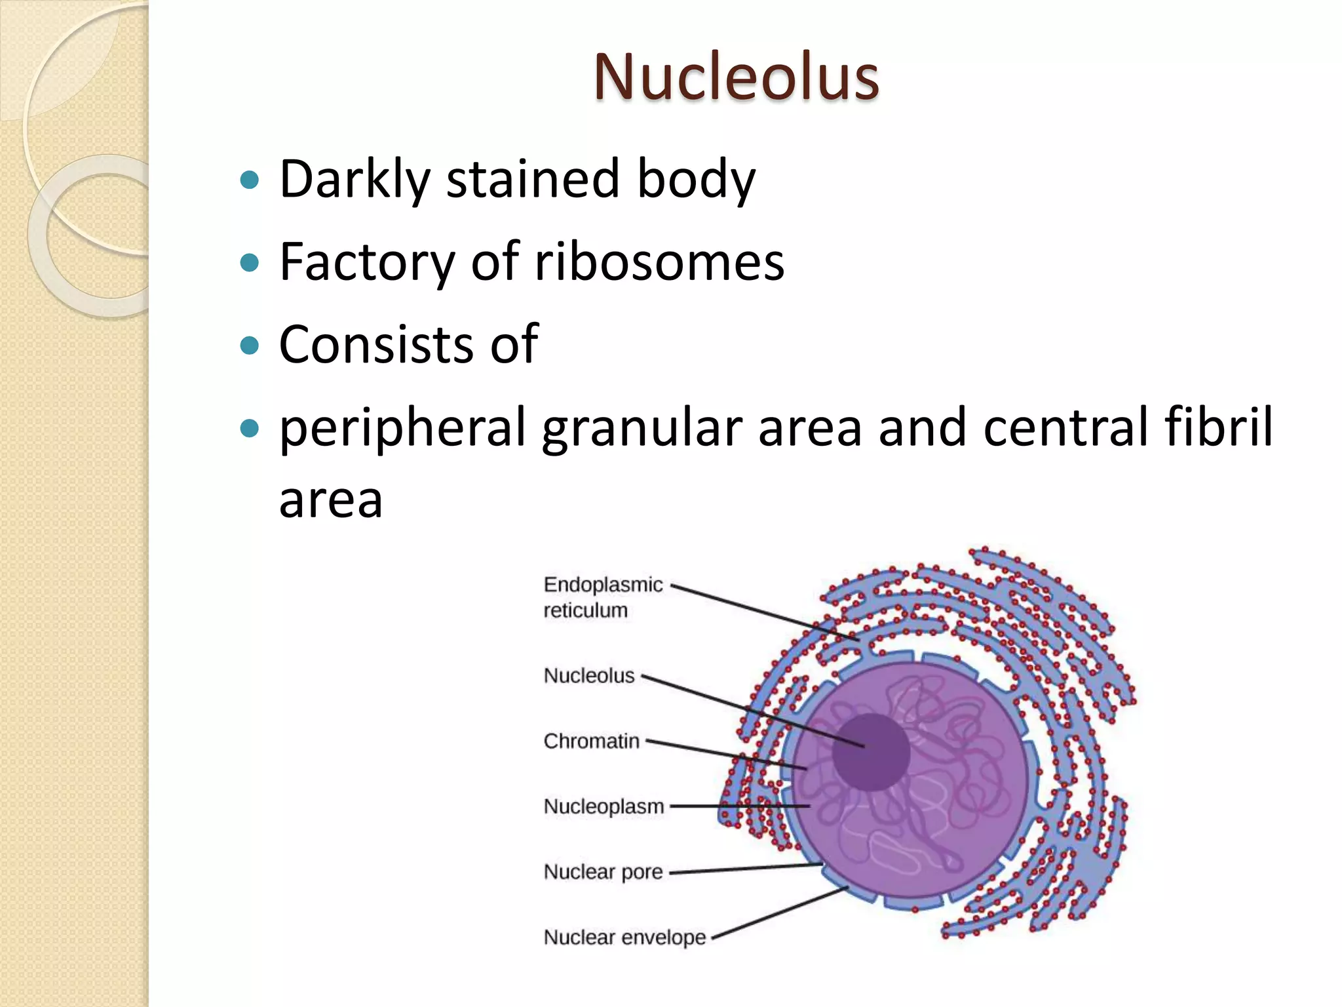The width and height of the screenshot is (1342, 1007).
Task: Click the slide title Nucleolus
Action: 736,77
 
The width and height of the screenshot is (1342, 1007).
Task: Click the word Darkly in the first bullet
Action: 355,179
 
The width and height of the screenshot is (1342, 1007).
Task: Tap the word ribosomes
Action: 659,262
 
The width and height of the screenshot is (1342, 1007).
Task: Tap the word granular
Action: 642,427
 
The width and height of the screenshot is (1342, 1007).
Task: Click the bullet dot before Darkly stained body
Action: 250,179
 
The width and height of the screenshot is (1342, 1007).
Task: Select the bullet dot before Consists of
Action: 250,345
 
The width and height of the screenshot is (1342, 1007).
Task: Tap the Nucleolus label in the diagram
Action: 588,675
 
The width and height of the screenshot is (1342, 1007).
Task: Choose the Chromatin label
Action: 591,741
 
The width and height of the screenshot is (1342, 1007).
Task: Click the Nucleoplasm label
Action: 603,806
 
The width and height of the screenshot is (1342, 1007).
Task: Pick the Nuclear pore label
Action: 603,871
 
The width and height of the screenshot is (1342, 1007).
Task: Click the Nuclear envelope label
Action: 624,937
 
